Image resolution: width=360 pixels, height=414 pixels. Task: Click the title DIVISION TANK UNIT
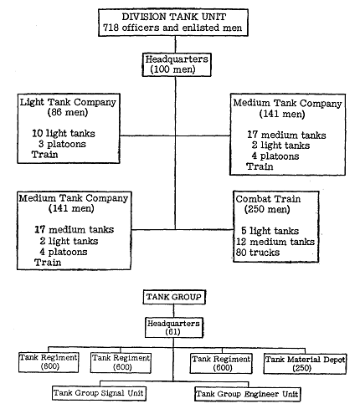pyautogui.click(x=173, y=17)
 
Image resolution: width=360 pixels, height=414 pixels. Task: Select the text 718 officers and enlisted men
pyautogui.click(x=172, y=28)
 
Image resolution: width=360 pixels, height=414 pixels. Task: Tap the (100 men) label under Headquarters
pyautogui.click(x=172, y=69)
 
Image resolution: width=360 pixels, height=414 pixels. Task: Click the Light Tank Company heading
pyautogui.click(x=68, y=103)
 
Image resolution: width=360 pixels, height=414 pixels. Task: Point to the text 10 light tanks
pyautogui.click(x=64, y=134)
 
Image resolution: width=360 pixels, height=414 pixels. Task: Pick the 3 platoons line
pyautogui.click(x=62, y=144)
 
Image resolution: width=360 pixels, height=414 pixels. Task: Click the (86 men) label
pyautogui.click(x=68, y=113)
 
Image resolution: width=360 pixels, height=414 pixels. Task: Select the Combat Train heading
pyautogui.click(x=268, y=199)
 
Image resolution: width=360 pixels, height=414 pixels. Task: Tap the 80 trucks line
pyautogui.click(x=258, y=253)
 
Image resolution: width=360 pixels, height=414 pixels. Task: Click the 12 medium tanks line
pyautogui.click(x=275, y=242)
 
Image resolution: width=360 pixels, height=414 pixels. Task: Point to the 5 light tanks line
pyautogui.click(x=270, y=231)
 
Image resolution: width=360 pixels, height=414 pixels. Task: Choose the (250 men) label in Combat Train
pyautogui.click(x=267, y=210)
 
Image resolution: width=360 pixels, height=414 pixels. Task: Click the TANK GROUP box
pyautogui.click(x=174, y=297)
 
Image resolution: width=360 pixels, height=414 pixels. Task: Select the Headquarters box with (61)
pyautogui.click(x=174, y=328)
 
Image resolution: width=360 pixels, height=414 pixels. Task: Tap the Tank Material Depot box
pyautogui.click(x=305, y=364)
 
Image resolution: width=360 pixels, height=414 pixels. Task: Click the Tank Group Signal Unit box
pyautogui.click(x=99, y=393)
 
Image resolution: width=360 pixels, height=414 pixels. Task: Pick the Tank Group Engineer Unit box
pyautogui.click(x=248, y=394)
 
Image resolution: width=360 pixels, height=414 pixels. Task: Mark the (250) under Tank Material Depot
pyautogui.click(x=302, y=368)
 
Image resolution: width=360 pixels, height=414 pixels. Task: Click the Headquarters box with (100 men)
pyautogui.click(x=177, y=64)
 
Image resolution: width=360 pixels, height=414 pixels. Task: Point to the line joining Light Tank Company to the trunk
pyautogui.click(x=147, y=135)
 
